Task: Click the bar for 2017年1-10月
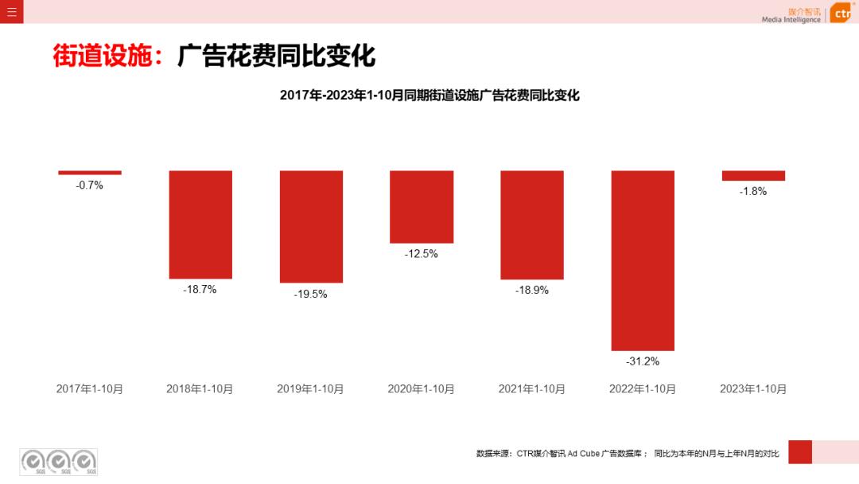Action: click(x=90, y=173)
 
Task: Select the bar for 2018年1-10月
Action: click(x=200, y=224)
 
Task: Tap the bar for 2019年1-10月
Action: click(x=311, y=227)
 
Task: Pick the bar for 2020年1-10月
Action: click(x=422, y=207)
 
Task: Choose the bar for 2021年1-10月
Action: click(x=532, y=225)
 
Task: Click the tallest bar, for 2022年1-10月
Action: click(x=643, y=260)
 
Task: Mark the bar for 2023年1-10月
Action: click(x=753, y=176)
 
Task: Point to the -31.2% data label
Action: click(x=643, y=361)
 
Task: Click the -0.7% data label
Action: click(x=90, y=185)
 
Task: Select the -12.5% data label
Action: click(x=422, y=254)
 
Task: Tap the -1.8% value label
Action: click(x=753, y=191)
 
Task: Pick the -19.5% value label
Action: click(x=311, y=294)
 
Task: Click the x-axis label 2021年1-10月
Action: click(x=532, y=389)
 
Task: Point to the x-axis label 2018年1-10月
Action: click(x=200, y=389)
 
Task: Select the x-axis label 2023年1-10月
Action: click(x=753, y=389)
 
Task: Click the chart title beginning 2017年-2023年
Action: click(x=429, y=96)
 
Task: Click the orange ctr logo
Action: click(x=842, y=14)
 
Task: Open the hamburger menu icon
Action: click(x=12, y=12)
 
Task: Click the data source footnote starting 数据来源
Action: click(x=628, y=454)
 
